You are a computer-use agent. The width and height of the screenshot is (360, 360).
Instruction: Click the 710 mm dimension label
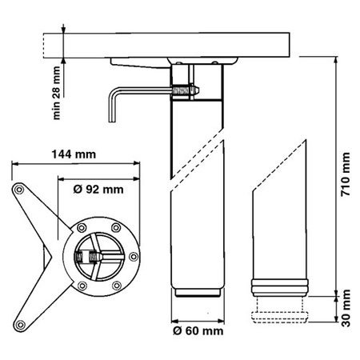click(346, 174)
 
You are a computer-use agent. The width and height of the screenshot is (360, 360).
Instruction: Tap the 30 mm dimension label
click(346, 308)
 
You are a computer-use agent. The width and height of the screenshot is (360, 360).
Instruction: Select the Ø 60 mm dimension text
click(198, 331)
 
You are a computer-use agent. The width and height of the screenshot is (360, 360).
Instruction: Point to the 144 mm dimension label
click(74, 154)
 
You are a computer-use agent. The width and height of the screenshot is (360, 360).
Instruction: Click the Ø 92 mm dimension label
click(98, 190)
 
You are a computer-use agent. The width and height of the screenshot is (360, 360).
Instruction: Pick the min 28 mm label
click(57, 93)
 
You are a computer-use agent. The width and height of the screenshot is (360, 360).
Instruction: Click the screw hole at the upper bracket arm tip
click(19, 190)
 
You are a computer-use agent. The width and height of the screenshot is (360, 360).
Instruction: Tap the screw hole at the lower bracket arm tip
click(20, 325)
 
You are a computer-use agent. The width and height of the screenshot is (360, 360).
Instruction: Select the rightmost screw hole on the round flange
click(134, 257)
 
